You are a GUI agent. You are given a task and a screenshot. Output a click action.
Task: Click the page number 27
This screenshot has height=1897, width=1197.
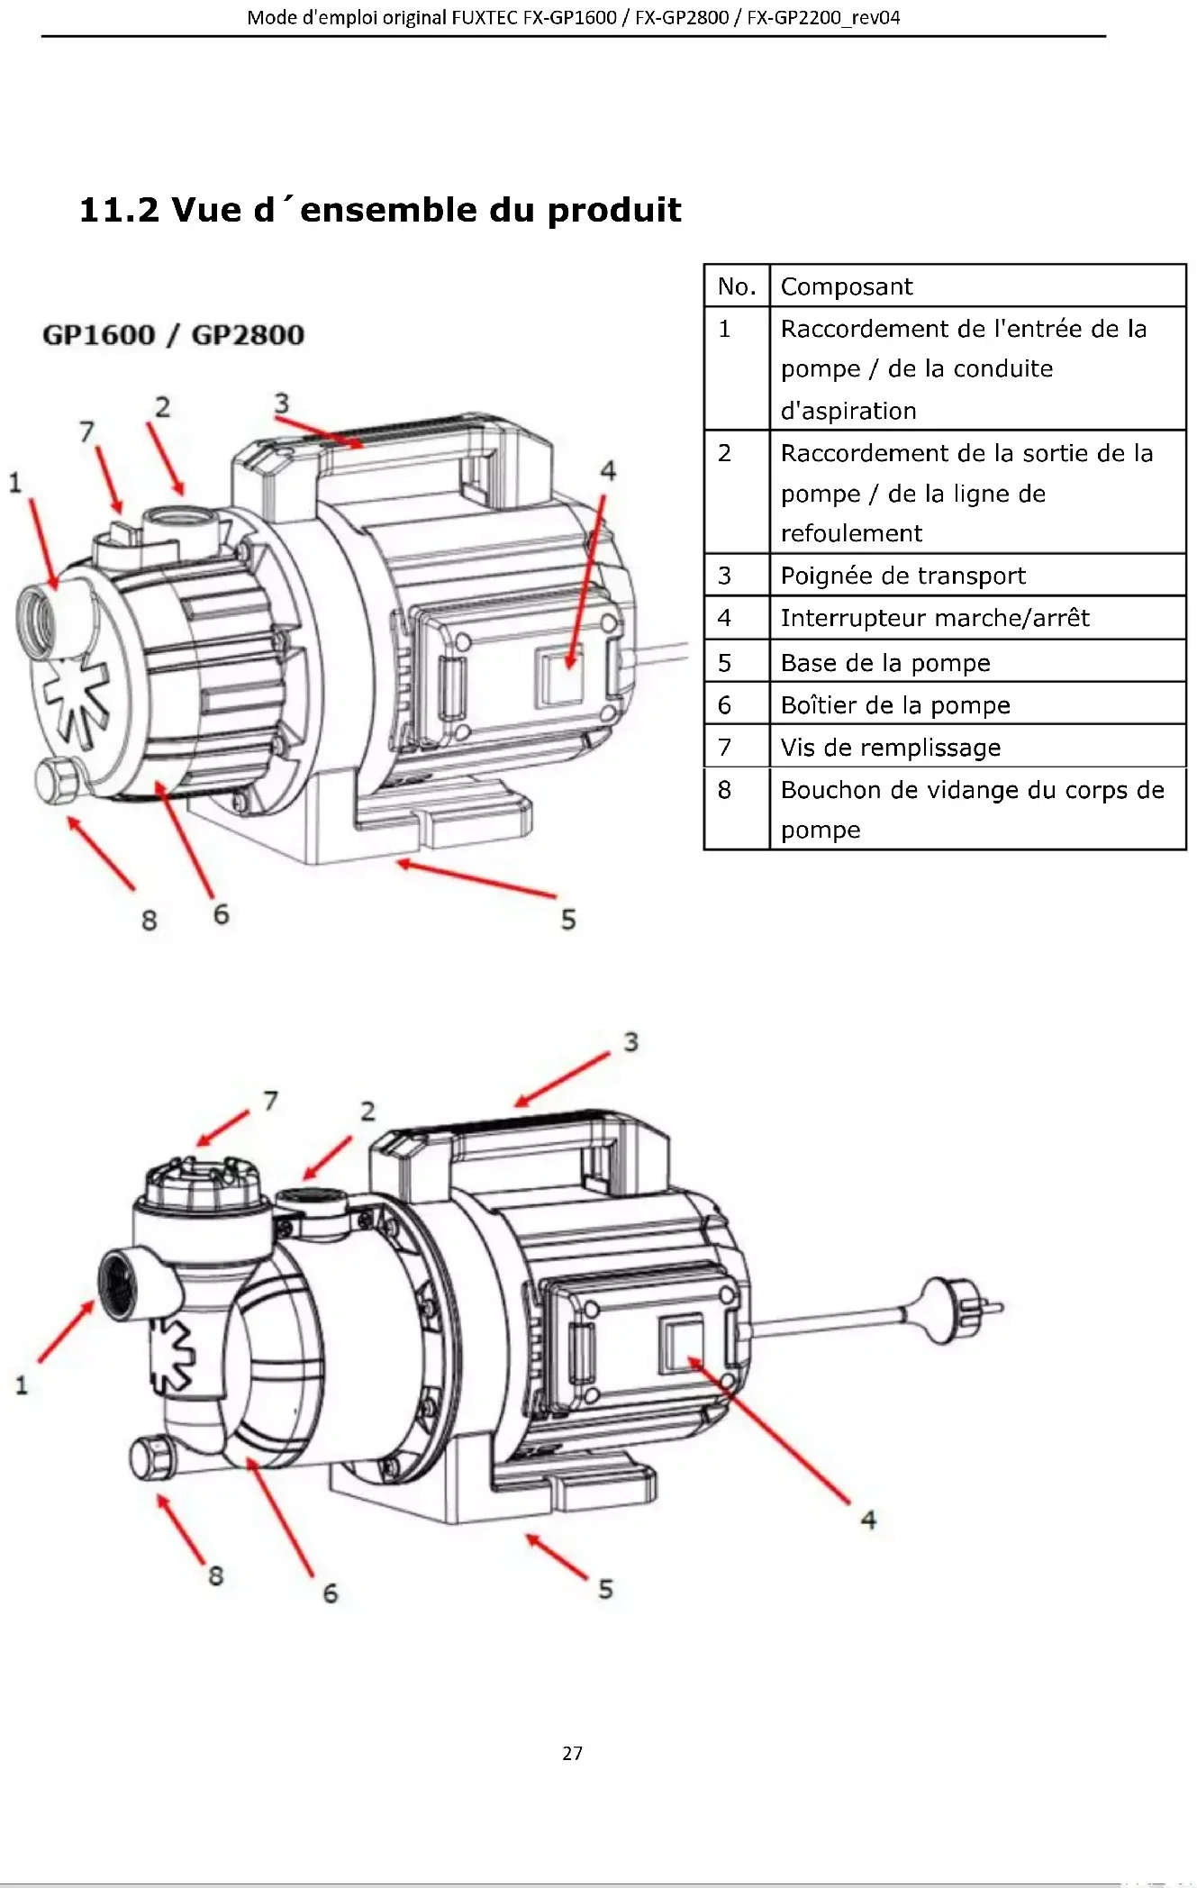[572, 1753]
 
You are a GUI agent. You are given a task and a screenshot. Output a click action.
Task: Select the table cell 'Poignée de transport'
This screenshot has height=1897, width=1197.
[977, 575]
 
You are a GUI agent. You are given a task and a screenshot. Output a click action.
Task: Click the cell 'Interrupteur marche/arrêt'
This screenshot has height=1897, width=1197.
[977, 618]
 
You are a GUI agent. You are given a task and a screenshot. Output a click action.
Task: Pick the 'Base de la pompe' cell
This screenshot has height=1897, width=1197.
[977, 662]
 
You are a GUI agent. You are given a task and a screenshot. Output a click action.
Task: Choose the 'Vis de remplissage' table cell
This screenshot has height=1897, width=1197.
[977, 747]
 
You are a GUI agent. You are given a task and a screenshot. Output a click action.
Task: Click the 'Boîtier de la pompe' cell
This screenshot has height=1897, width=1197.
[977, 704]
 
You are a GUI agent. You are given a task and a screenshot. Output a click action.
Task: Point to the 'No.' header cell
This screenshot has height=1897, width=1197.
[737, 286]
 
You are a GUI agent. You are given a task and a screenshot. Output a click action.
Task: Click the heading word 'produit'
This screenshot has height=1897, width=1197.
[614, 210]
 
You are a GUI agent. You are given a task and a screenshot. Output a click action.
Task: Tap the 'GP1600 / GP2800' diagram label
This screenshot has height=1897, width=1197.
[173, 335]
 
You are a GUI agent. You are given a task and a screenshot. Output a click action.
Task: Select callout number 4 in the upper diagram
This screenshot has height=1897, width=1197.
[609, 470]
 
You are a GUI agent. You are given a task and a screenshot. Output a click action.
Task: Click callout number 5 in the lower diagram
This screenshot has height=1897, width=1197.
[606, 1589]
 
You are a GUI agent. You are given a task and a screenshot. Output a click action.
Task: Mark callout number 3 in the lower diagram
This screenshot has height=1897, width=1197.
[630, 1042]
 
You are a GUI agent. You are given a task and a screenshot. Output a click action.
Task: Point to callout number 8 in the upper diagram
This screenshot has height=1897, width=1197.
[150, 921]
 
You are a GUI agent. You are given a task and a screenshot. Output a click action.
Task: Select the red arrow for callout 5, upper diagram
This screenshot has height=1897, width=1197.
[476, 879]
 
